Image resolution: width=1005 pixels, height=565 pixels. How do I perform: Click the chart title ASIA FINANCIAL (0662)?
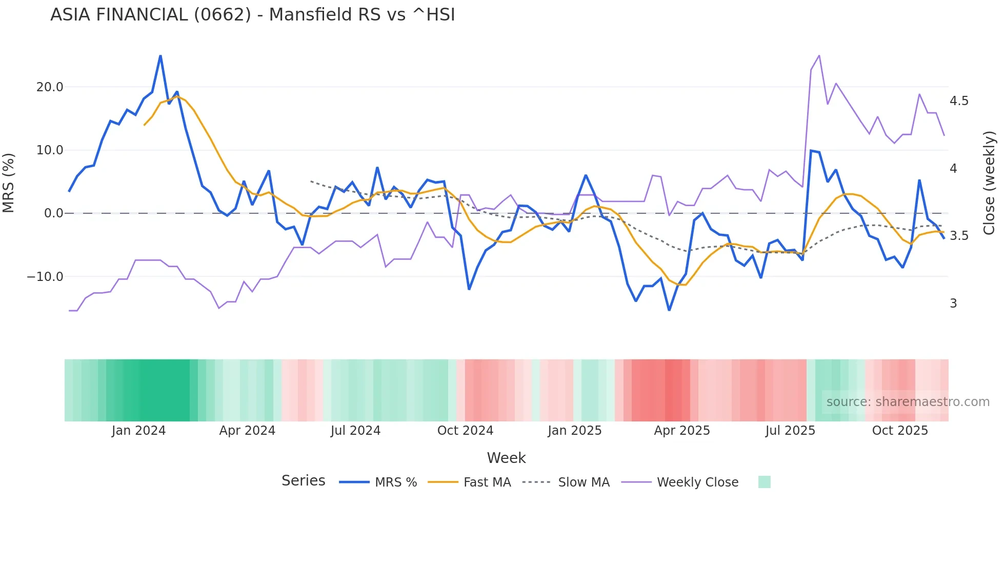(252, 15)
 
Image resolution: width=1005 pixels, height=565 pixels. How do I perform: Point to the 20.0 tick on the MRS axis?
(50, 87)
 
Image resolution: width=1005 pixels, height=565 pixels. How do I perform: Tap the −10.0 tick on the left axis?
(45, 277)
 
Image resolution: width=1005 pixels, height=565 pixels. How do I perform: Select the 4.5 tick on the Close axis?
(959, 101)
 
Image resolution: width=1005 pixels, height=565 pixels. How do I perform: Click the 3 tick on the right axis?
(953, 304)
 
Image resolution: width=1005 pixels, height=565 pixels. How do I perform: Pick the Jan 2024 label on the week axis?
(138, 431)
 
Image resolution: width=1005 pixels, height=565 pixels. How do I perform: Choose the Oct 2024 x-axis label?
(465, 431)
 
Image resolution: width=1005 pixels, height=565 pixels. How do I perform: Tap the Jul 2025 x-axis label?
(790, 431)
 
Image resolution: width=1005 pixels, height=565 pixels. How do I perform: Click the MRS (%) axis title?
(9, 183)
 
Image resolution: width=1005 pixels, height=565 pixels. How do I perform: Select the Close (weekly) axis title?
(989, 183)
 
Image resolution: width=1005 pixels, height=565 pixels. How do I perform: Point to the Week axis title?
(506, 458)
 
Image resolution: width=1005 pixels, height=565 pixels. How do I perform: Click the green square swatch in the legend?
(764, 482)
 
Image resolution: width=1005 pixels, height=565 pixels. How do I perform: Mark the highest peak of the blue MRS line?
(160, 56)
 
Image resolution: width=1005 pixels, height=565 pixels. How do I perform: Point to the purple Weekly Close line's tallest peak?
(819, 55)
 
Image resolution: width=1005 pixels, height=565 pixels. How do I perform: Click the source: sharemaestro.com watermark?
(908, 402)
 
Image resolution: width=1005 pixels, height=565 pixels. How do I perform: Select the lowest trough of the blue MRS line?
(669, 310)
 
